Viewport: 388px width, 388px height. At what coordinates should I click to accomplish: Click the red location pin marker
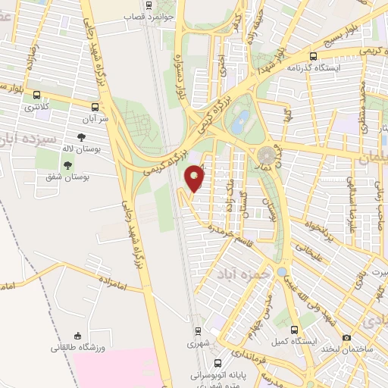196,177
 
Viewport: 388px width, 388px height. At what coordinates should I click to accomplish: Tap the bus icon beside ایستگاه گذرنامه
314,56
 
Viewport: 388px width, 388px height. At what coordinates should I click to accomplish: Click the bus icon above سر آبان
95,107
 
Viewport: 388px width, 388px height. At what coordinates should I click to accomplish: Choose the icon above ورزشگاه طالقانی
77,336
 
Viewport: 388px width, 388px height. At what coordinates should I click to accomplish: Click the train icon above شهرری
197,331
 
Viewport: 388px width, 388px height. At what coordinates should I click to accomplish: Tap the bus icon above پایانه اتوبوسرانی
218,363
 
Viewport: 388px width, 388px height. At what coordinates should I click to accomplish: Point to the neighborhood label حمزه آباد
241,271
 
